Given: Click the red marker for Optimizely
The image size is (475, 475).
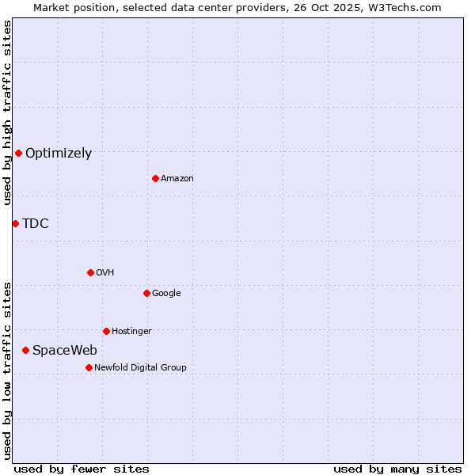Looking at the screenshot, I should click(x=18, y=153).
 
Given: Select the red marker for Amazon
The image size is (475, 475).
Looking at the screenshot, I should click(x=155, y=178).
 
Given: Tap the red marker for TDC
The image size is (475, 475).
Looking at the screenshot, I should click(x=15, y=223).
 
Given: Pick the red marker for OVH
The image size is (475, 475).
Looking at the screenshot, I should click(x=90, y=272).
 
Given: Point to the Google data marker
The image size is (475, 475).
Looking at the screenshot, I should click(x=146, y=293).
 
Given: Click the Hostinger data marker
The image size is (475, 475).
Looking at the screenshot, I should click(x=106, y=331).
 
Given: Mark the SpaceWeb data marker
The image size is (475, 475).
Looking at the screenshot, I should click(x=25, y=350).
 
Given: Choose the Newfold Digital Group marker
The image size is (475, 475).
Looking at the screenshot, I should click(x=89, y=367).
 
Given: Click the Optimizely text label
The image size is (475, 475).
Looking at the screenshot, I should click(x=59, y=154).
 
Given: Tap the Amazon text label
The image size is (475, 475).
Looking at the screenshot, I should click(x=177, y=179).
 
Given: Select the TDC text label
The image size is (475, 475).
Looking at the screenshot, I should click(x=36, y=224).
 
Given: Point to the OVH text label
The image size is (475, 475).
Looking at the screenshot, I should click(x=105, y=273).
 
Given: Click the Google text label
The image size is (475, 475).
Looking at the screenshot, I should click(x=166, y=294).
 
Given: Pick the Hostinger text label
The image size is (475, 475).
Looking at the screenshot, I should click(x=131, y=332).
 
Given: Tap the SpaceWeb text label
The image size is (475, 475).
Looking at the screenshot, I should click(x=65, y=351).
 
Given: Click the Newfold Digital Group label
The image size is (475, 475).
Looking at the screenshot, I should click(x=140, y=368).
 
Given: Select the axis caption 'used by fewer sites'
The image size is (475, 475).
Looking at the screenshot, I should click(x=82, y=469).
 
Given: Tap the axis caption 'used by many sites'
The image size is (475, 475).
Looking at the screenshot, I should click(x=397, y=469).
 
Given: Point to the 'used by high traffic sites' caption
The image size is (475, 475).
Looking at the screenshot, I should click(x=8, y=112).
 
